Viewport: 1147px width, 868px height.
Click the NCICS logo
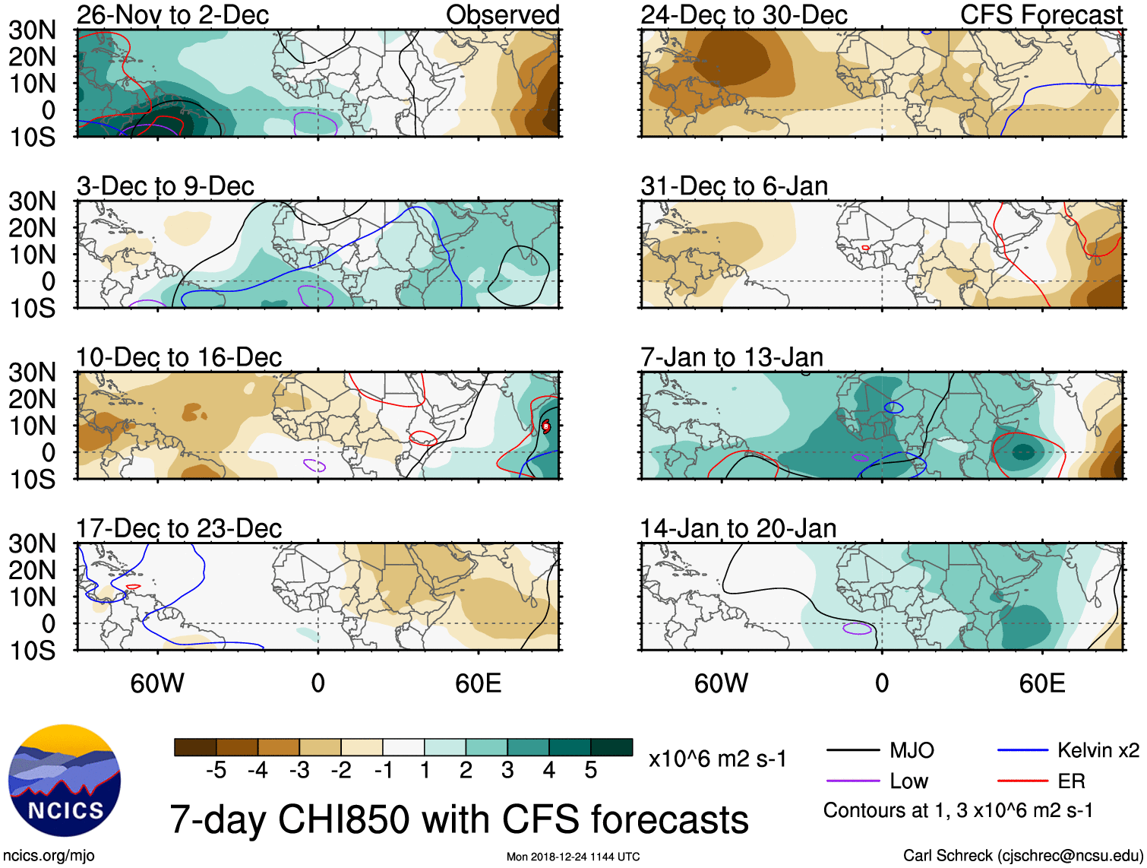(65, 781)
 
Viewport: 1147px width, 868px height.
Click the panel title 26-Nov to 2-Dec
(172, 15)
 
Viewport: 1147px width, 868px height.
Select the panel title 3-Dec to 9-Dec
(165, 186)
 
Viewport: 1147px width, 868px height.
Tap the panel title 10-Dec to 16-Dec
(179, 357)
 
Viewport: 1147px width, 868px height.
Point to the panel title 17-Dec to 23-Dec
(179, 528)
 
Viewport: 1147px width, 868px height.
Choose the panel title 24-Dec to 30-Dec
(744, 15)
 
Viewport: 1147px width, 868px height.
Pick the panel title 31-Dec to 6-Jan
(734, 186)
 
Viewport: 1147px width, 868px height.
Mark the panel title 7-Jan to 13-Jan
(731, 357)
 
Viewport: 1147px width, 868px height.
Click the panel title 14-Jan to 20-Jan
(738, 528)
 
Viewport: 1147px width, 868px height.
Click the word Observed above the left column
(502, 15)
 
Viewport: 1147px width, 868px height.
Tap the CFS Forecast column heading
(1041, 15)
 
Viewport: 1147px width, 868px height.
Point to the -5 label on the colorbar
(216, 771)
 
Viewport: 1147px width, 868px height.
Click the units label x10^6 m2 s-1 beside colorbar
(717, 759)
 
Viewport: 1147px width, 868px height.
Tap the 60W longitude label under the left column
(157, 683)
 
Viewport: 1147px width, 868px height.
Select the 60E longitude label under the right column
(1041, 683)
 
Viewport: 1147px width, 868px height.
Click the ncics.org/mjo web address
(49, 856)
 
